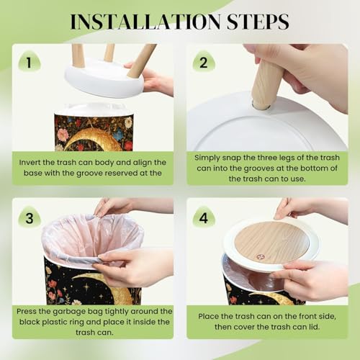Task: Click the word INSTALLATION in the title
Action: (x=145, y=22)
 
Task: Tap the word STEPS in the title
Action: (x=258, y=22)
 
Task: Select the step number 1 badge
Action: (x=30, y=62)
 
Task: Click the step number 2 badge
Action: (x=204, y=62)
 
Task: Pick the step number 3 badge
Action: (x=30, y=218)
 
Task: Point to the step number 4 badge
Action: (x=204, y=218)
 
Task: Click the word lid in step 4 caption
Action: (x=315, y=327)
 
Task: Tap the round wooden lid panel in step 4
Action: (x=271, y=243)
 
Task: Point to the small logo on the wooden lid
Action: (x=259, y=257)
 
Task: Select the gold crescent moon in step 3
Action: (x=108, y=286)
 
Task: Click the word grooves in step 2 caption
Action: (x=258, y=168)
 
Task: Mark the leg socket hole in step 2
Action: (x=261, y=106)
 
